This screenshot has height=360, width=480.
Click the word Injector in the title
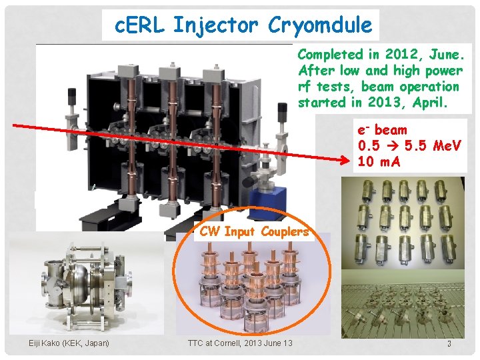click(x=215, y=25)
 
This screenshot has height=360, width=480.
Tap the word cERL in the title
click(x=140, y=25)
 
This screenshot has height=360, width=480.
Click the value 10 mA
click(x=379, y=161)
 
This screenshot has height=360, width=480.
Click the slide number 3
click(x=449, y=344)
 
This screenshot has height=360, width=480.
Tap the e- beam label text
click(x=382, y=130)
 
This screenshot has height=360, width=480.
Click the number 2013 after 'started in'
click(x=399, y=102)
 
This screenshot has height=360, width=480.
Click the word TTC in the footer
click(x=195, y=343)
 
